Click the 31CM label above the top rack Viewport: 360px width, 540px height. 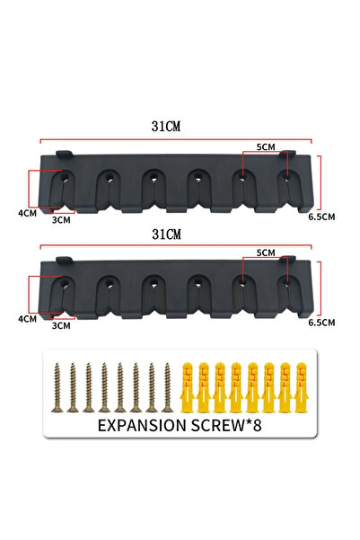tap(166, 127)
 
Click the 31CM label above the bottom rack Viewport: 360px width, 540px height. tap(166, 235)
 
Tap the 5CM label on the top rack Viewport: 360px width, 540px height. tap(266, 147)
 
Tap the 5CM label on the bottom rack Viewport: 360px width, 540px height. tap(266, 252)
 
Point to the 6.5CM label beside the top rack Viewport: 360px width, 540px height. tap(321, 217)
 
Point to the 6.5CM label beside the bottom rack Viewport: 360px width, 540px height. tap(321, 323)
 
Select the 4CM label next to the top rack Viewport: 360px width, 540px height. tap(28, 213)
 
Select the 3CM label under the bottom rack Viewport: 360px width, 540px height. tap(61, 325)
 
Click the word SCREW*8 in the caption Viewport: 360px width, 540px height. tap(226, 425)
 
